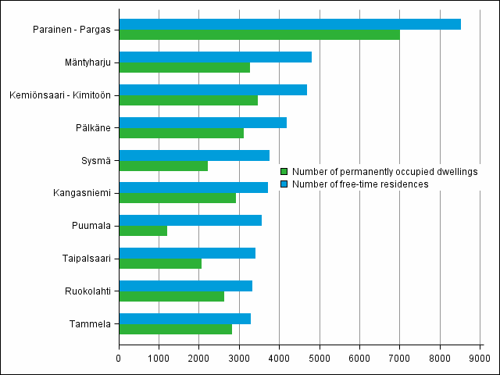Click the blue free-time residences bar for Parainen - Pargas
289,24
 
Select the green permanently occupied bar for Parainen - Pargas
259,34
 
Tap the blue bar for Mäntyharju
215,57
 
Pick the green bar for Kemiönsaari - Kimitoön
188,100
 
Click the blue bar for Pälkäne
202,123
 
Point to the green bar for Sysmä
163,166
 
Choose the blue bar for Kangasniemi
193,187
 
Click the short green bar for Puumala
143,231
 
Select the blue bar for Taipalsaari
187,253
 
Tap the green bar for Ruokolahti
171,296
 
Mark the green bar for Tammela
175,329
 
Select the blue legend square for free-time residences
284,184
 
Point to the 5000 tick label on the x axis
319,359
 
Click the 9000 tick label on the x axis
479,359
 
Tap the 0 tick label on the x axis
119,359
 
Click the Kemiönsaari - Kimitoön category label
59,95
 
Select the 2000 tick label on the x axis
198,359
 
